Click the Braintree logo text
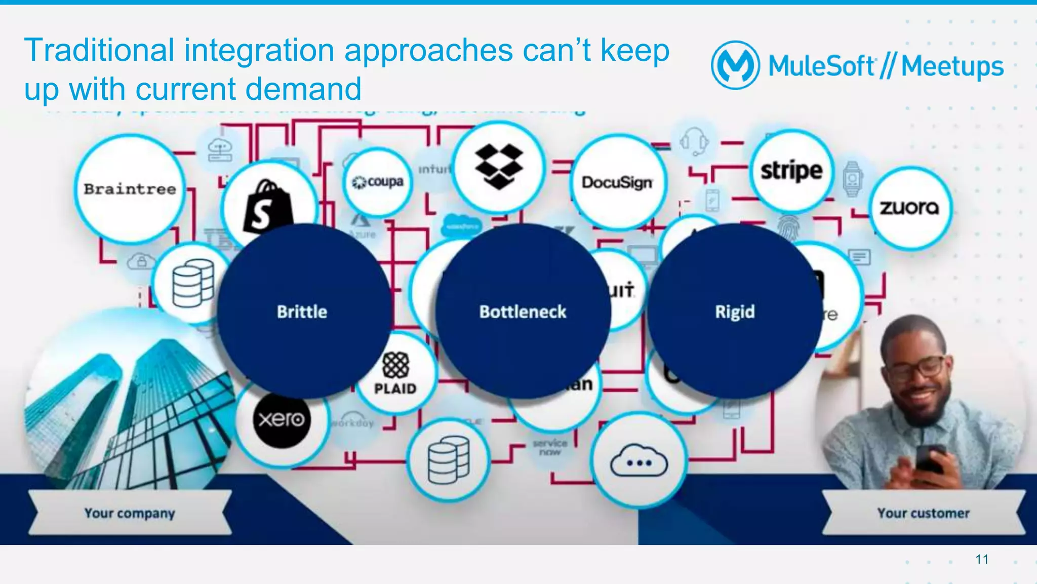tap(130, 189)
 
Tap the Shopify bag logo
tap(267, 205)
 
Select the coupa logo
tap(378, 181)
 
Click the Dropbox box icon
tap(499, 166)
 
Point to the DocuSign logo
tap(617, 182)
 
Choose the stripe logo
tap(791, 171)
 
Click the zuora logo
tap(909, 208)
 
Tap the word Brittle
tap(302, 312)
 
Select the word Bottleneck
tap(523, 312)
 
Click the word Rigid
tap(735, 312)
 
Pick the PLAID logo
tap(395, 373)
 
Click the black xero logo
tap(282, 419)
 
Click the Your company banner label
tap(130, 513)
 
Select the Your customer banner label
tap(924, 513)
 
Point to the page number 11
tap(982, 559)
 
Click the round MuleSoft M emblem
tap(735, 65)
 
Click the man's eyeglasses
tap(919, 369)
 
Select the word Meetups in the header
tap(952, 66)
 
